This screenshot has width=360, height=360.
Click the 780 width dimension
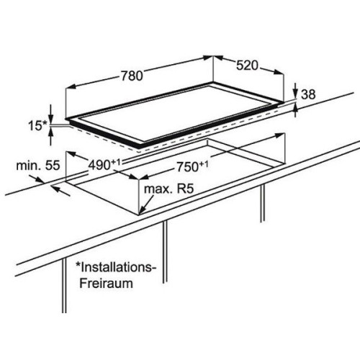pyautogui.click(x=132, y=76)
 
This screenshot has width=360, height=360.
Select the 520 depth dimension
pyautogui.click(x=247, y=66)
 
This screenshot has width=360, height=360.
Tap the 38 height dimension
pyautogui.click(x=308, y=94)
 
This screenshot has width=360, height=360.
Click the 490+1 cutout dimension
pyautogui.click(x=104, y=165)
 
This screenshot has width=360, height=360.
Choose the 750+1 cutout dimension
pyautogui.click(x=192, y=166)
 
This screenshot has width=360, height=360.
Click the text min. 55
pyautogui.click(x=38, y=166)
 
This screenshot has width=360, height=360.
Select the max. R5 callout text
pyautogui.click(x=168, y=189)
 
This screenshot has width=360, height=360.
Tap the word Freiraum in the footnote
pyautogui.click(x=106, y=283)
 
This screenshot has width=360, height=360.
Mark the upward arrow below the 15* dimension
pyautogui.click(x=50, y=136)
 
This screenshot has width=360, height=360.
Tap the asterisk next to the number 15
pyautogui.click(x=46, y=123)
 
